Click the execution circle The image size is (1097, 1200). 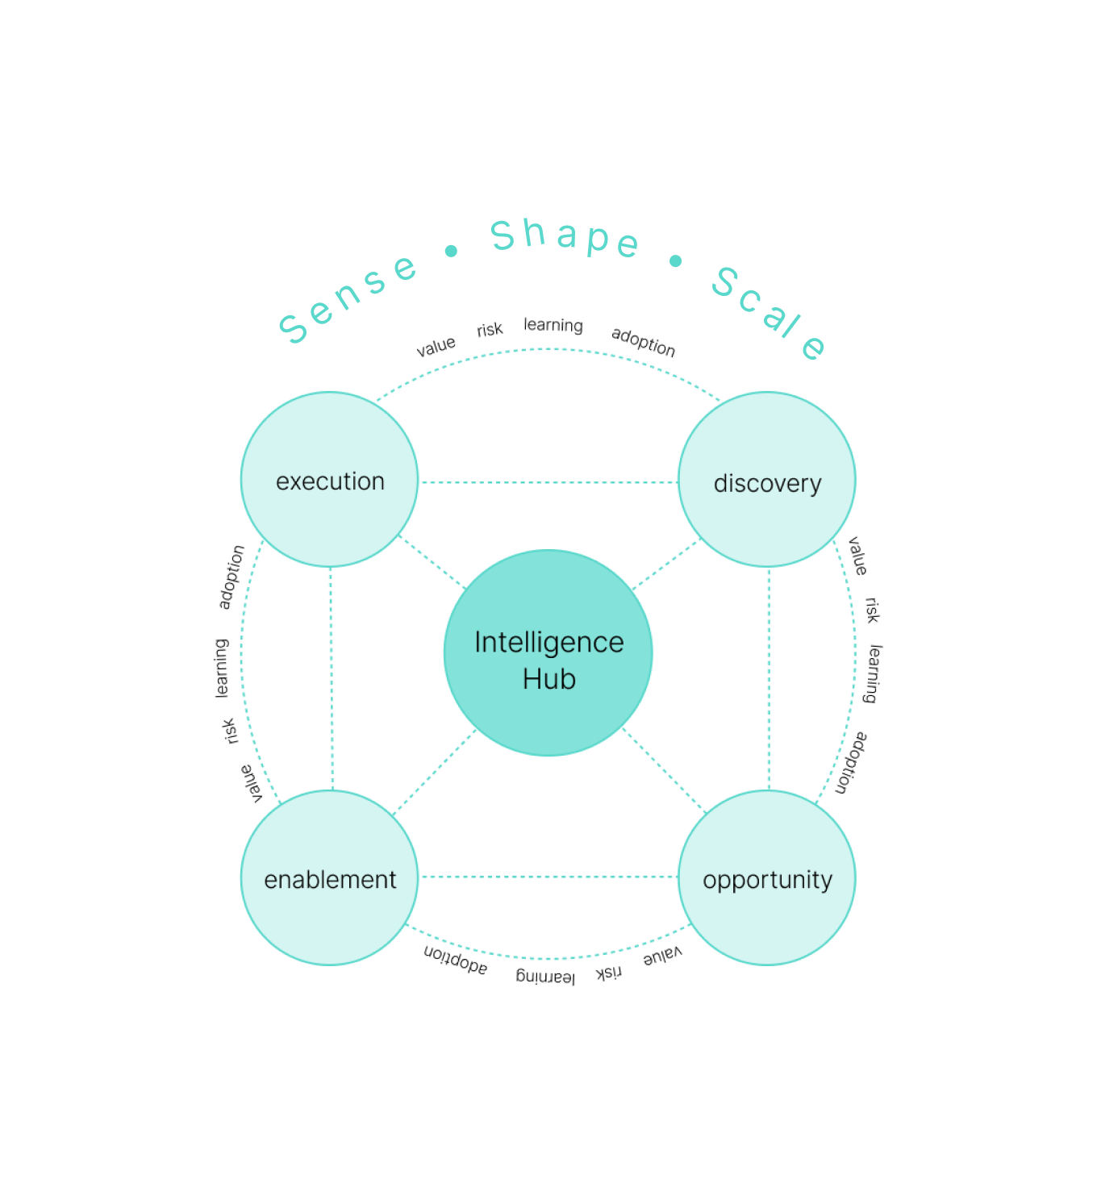click(329, 480)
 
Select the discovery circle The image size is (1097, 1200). click(767, 480)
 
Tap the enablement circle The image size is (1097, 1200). click(329, 877)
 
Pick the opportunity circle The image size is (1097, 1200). click(767, 877)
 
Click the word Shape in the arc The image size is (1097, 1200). click(565, 237)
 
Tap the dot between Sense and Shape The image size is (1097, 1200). click(451, 252)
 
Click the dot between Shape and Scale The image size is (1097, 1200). click(676, 260)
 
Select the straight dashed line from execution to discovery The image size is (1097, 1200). click(548, 482)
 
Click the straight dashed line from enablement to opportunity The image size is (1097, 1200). click(548, 877)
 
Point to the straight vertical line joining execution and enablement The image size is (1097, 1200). click(331, 677)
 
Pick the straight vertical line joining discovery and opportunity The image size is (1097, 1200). click(768, 677)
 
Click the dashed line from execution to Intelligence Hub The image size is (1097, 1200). click(432, 560)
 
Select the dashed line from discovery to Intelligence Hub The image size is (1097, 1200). click(665, 565)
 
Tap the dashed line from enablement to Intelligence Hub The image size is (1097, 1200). click(434, 772)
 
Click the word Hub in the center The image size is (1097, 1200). click(548, 679)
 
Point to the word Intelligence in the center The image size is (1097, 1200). click(548, 643)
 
